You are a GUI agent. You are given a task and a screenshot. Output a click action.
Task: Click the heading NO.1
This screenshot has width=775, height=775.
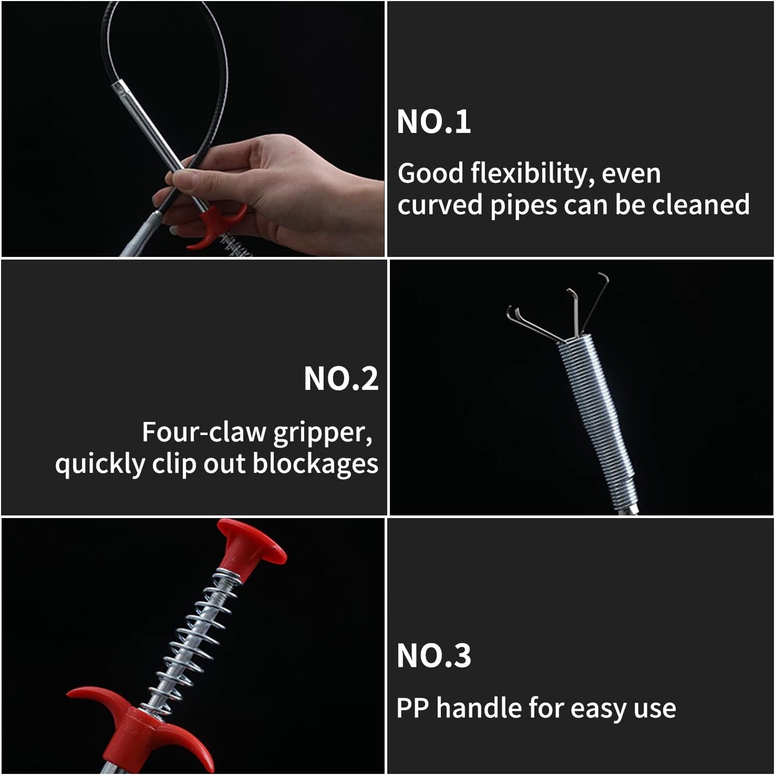(x=433, y=121)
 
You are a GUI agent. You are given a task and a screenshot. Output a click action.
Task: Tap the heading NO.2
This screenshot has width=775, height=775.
(x=341, y=379)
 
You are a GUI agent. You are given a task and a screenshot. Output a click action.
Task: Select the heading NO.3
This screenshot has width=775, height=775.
(x=433, y=655)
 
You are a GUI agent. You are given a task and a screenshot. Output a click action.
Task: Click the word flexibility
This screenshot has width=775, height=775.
(x=532, y=174)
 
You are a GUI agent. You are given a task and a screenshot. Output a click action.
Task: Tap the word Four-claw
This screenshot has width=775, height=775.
(x=204, y=432)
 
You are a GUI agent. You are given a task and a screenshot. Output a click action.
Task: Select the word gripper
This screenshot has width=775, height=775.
(x=322, y=434)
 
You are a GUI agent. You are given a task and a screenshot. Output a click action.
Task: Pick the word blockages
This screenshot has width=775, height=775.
(x=315, y=464)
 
